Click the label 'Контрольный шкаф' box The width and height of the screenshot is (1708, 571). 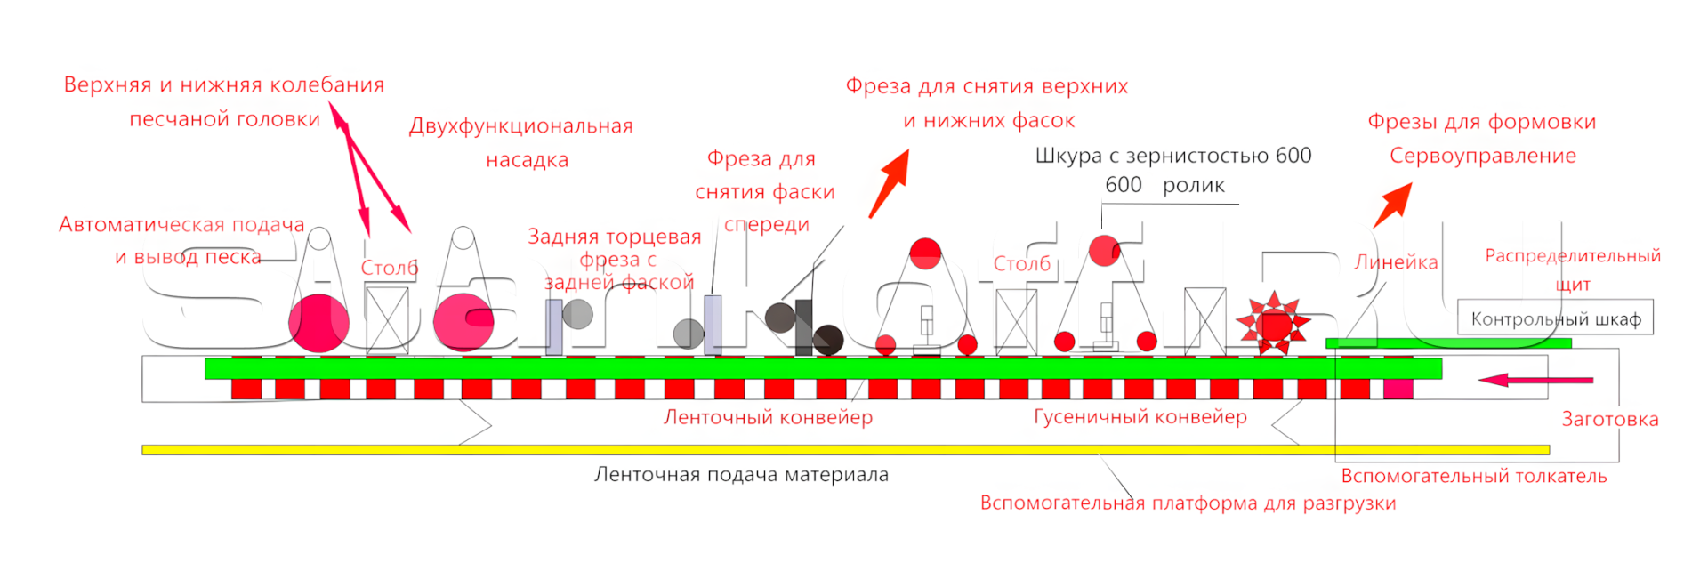click(x=1555, y=318)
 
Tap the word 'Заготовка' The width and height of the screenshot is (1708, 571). click(x=1610, y=420)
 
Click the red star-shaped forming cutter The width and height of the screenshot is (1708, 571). click(x=1274, y=323)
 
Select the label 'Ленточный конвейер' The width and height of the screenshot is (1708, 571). click(x=768, y=417)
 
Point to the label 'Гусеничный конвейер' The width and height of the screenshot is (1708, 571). click(x=1140, y=416)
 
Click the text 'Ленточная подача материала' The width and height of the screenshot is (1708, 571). click(x=741, y=475)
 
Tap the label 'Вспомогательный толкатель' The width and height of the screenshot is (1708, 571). click(x=1474, y=476)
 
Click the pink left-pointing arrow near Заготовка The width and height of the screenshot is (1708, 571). click(x=1535, y=380)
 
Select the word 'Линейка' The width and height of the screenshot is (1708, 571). click(x=1396, y=262)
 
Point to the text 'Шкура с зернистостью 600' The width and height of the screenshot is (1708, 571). click(x=1172, y=156)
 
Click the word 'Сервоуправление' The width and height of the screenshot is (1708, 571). click(x=1483, y=156)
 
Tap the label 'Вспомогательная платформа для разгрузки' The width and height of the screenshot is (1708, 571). click(x=1188, y=503)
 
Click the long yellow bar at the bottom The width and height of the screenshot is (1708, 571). click(x=845, y=450)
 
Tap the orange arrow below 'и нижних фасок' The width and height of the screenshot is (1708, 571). click(x=890, y=183)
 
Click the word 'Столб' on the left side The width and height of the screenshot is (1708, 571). click(x=390, y=268)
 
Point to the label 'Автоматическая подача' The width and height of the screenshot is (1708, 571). click(x=181, y=225)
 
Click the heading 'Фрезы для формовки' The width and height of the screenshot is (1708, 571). click(x=1482, y=122)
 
